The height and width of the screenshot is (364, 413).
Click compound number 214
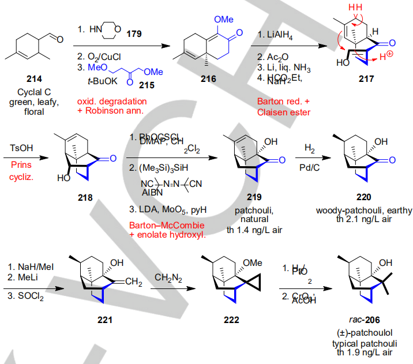coord(33,79)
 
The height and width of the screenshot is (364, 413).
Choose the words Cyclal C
coord(34,93)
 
